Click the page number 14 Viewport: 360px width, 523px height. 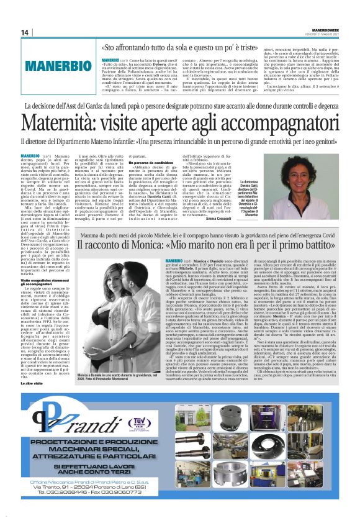coord(25,32)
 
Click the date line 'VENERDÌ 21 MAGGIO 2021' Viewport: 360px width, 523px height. coord(328,34)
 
